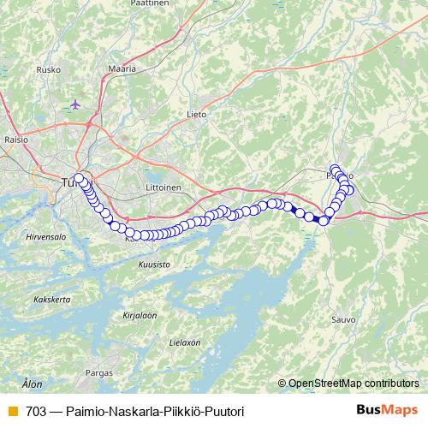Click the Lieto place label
click(x=197, y=112)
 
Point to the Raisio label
click(x=16, y=138)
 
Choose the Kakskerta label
click(x=50, y=300)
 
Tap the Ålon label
click(x=32, y=384)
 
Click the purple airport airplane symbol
click(x=75, y=104)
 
